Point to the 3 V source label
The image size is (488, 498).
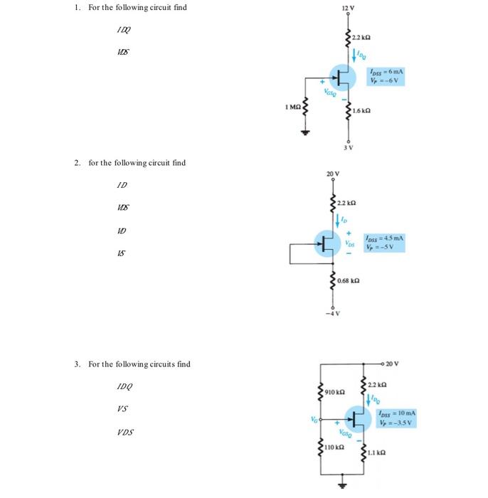(x=349, y=147)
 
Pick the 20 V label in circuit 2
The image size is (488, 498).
(x=333, y=174)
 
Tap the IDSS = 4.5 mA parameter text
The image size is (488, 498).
(x=385, y=238)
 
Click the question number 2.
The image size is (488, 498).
(x=78, y=163)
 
